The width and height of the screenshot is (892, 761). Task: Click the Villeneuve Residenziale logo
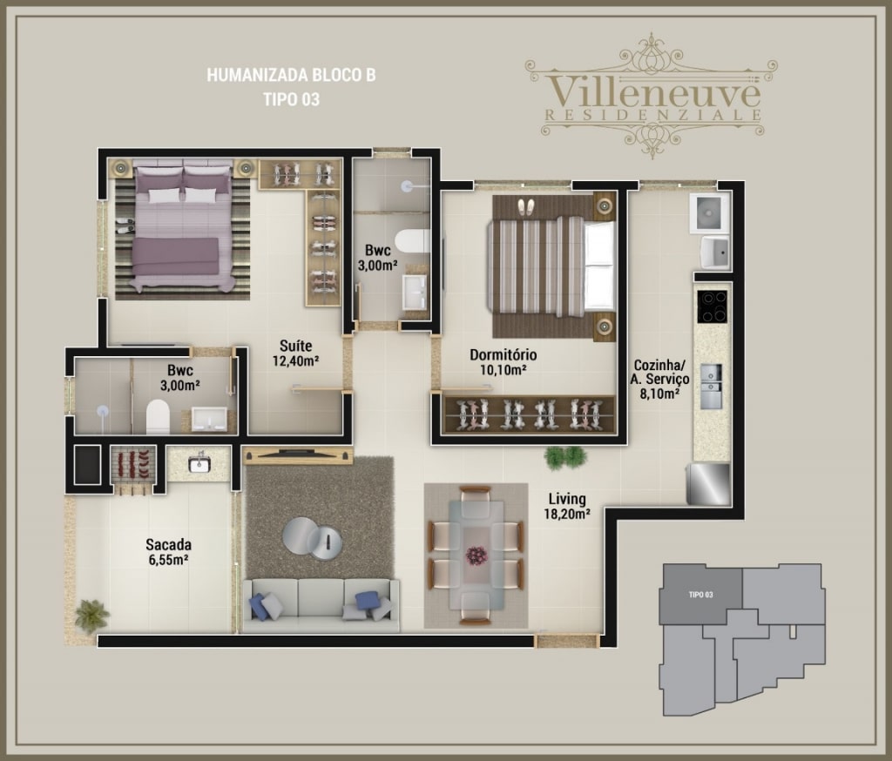click(652, 95)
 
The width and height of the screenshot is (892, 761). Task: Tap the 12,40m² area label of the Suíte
click(295, 360)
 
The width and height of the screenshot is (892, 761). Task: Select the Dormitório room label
click(503, 355)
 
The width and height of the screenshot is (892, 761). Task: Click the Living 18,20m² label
click(566, 506)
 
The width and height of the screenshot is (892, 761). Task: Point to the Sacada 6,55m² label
click(168, 552)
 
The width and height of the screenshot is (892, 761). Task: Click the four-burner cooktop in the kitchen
click(713, 306)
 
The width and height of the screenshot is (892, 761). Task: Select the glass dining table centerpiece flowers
click(476, 555)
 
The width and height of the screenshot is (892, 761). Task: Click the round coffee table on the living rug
click(313, 539)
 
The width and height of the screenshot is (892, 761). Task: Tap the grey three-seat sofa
click(321, 605)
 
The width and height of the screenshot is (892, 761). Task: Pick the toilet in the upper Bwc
click(412, 240)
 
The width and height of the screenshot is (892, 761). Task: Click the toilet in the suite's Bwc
click(158, 417)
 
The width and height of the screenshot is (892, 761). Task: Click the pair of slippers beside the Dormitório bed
click(525, 206)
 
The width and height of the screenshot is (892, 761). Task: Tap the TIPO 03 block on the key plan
click(701, 595)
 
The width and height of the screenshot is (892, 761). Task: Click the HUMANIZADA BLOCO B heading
click(291, 75)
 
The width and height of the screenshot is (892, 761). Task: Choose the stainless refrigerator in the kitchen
click(708, 484)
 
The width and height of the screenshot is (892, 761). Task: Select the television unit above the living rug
click(298, 455)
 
